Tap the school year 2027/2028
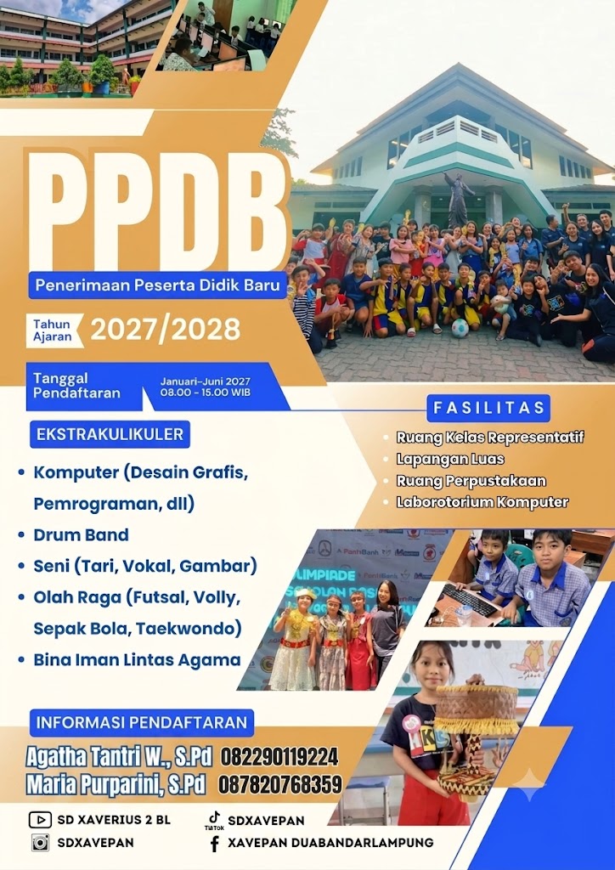(x=166, y=329)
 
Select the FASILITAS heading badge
(x=488, y=409)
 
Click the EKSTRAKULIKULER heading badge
(x=110, y=434)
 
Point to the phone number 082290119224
(x=279, y=757)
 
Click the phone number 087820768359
(x=280, y=784)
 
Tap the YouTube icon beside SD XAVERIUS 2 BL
(x=40, y=820)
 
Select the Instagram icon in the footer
(x=40, y=842)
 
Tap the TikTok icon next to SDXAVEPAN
(x=214, y=817)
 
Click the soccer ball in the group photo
(x=460, y=329)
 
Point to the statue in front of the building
(x=458, y=200)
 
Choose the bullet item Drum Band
(x=81, y=535)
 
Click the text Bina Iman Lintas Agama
(x=137, y=659)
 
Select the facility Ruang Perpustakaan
(x=471, y=481)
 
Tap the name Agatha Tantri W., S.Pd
(x=119, y=757)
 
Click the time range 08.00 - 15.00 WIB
(x=206, y=393)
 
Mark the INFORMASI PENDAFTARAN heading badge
(x=141, y=722)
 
